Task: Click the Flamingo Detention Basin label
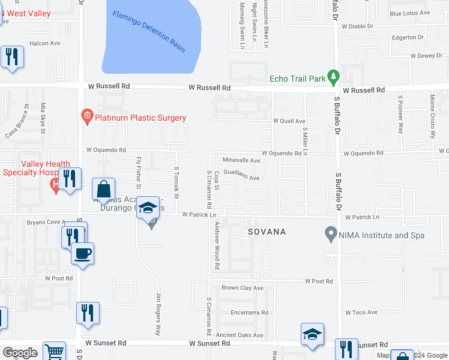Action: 149,30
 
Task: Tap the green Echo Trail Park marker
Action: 334,77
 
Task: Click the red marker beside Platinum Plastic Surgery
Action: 87,116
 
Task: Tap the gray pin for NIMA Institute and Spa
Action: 330,233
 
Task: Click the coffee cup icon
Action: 82,253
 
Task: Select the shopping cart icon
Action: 54,352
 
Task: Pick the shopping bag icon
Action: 103,189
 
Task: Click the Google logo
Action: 20,353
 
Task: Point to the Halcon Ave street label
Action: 46,43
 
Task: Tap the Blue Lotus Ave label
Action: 410,13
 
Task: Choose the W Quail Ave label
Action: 289,121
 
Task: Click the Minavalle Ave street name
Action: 241,161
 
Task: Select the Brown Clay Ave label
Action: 243,288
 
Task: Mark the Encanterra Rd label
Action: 249,313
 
